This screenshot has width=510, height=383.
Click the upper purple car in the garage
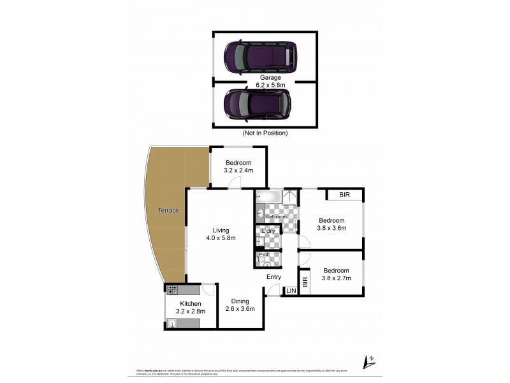pos(261,57)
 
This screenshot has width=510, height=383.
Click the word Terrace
pos(169,211)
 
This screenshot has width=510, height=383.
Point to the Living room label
pos(221,230)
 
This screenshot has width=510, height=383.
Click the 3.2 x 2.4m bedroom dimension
pos(238,171)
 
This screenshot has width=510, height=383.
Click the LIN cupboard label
pos(291,291)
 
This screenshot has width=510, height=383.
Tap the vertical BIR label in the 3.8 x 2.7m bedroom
pos(305,282)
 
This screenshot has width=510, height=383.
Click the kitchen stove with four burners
pos(172,290)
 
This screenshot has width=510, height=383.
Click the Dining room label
pos(240,301)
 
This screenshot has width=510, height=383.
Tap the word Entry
pos(273,277)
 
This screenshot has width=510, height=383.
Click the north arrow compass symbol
pos(366,361)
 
